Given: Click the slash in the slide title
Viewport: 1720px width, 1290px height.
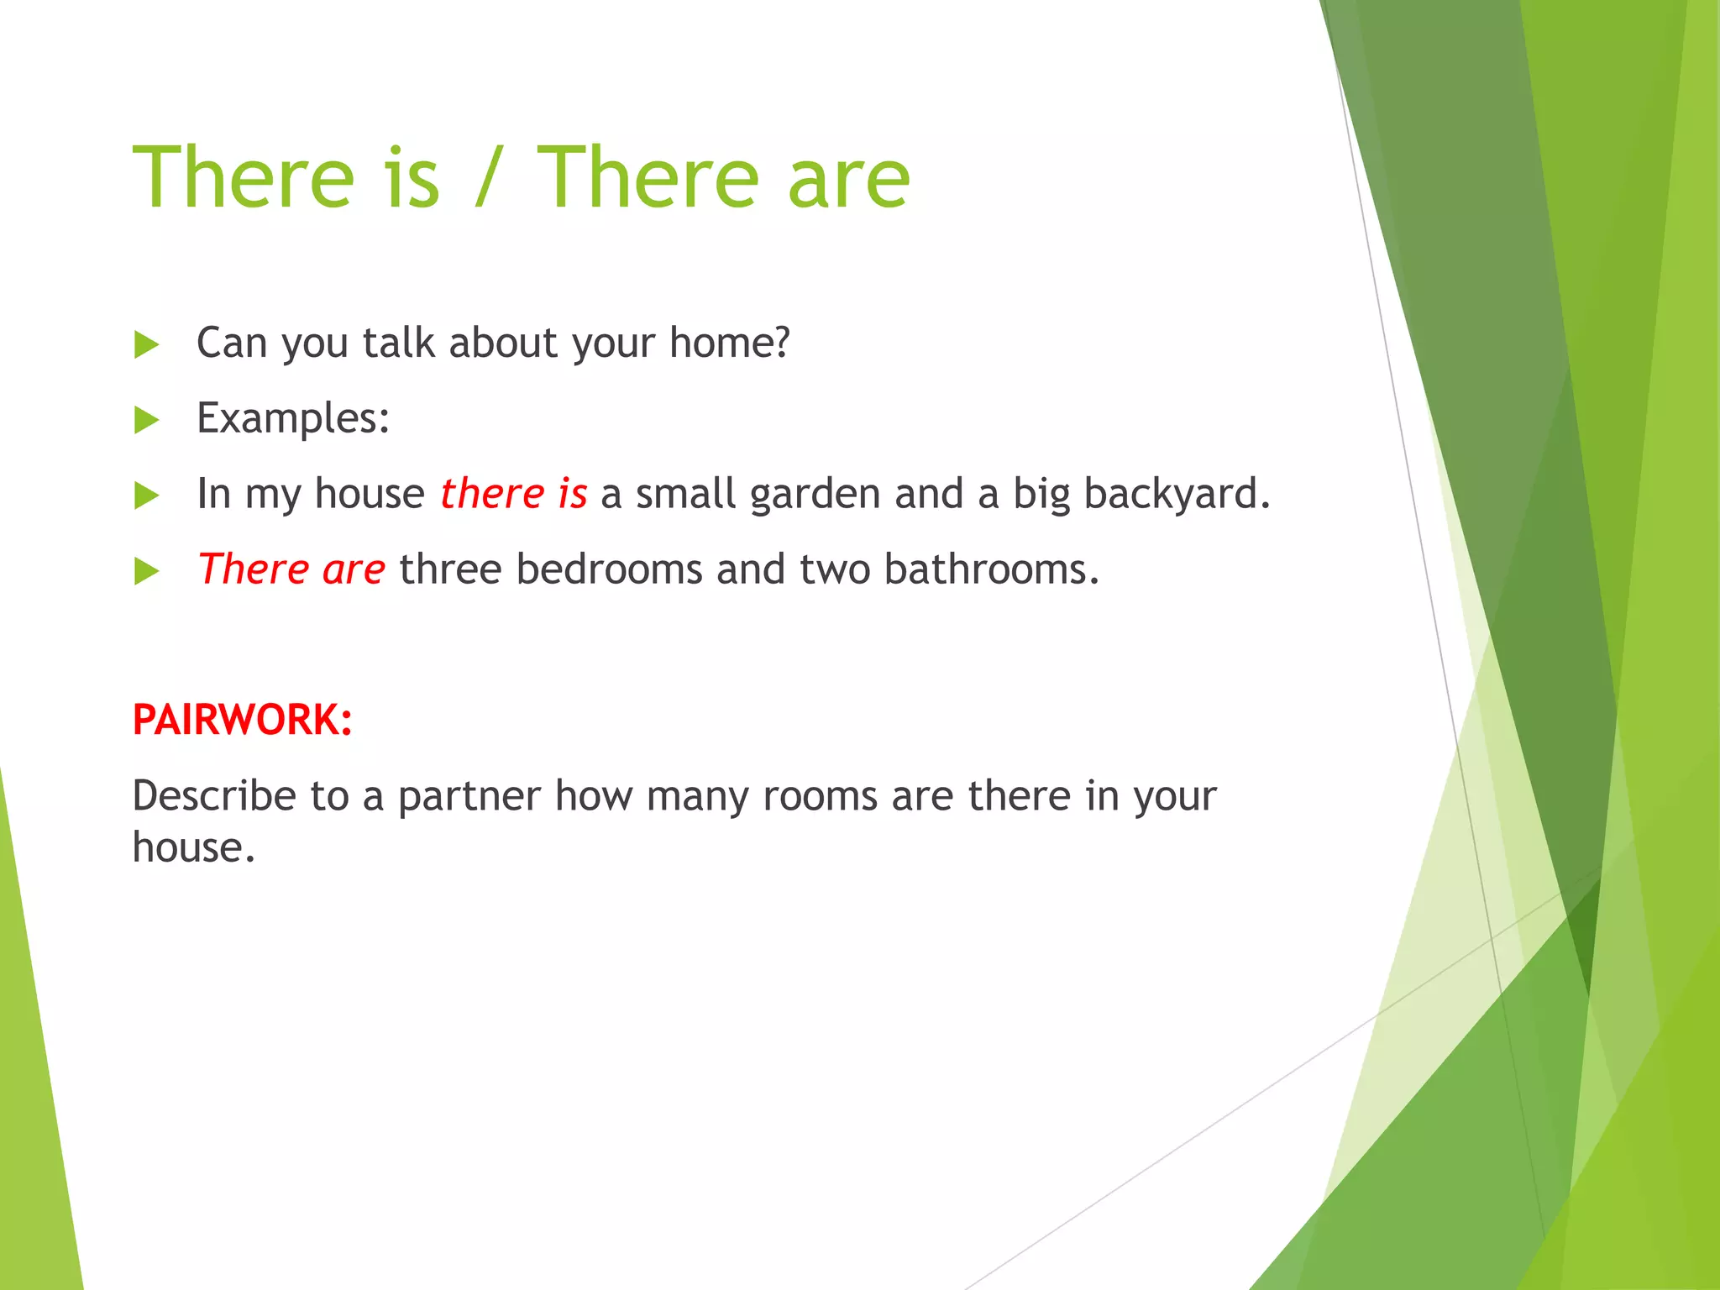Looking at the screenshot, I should click(488, 178).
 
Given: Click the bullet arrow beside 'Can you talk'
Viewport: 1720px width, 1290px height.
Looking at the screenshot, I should click(147, 344).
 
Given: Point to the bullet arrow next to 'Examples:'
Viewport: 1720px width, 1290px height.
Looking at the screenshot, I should click(147, 420).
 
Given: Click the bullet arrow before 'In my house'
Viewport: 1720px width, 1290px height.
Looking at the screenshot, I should click(147, 496).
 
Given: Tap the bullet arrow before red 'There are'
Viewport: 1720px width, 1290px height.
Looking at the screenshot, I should click(147, 571).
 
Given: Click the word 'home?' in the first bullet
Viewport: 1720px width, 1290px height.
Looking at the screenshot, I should click(730, 343).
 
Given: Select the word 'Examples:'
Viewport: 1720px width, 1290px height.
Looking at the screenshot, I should click(293, 418).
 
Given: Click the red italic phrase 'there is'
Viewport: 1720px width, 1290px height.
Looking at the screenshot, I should click(513, 494).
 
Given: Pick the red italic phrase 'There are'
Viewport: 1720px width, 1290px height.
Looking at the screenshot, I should click(291, 569).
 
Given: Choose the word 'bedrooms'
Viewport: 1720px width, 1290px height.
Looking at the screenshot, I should click(609, 569).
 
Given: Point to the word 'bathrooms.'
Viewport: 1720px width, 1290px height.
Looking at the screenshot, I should click(991, 569).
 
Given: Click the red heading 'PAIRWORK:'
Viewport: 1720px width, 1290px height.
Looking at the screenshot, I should click(242, 720).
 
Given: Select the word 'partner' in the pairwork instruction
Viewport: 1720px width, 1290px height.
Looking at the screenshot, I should click(469, 797).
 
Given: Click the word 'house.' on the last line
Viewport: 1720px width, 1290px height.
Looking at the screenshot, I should click(193, 847).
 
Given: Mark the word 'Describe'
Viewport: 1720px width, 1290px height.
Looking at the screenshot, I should click(214, 796).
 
